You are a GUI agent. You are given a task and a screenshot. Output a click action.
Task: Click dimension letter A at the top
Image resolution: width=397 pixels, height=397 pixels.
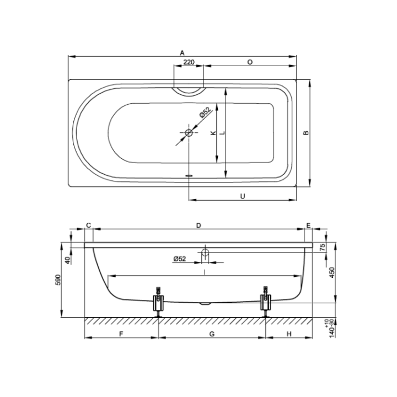click(182, 52)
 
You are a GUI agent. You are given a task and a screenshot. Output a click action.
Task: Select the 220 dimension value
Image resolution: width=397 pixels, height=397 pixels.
click(189, 62)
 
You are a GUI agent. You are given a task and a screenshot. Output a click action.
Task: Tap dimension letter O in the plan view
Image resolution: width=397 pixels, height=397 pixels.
click(250, 62)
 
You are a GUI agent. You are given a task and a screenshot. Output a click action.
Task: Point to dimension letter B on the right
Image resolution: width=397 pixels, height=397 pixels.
click(305, 133)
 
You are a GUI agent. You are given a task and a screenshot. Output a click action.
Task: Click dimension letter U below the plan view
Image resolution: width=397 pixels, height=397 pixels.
click(243, 195)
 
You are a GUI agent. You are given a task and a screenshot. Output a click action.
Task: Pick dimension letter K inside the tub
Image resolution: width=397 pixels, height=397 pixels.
click(212, 133)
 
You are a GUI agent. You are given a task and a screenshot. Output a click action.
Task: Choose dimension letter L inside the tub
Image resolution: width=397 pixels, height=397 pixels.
click(221, 133)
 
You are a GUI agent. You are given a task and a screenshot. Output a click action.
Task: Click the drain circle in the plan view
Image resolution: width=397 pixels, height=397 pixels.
click(189, 133)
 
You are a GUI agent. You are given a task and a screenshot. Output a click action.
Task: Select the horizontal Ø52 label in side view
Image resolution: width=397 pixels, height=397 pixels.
click(179, 258)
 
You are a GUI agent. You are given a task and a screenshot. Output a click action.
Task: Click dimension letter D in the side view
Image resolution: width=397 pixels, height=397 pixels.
click(198, 224)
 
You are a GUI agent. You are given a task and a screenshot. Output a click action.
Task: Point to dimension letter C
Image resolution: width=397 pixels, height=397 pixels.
click(88, 224)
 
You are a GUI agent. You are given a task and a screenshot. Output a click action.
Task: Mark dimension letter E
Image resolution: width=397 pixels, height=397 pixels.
click(308, 224)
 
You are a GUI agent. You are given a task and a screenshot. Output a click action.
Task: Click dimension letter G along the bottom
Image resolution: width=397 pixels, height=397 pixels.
click(212, 334)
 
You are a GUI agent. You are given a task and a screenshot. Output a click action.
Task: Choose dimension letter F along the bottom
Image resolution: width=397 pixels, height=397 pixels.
click(121, 334)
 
